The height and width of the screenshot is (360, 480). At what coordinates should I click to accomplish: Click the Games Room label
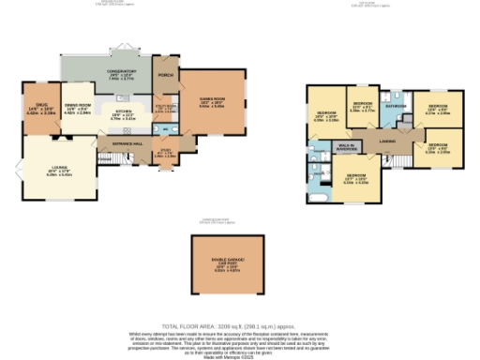(x=209, y=103)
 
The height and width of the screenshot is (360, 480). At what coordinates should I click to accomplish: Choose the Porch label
(x=166, y=77)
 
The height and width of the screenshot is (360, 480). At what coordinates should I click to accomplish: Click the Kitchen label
(x=122, y=115)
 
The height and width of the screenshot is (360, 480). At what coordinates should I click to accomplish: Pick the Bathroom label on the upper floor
(x=395, y=106)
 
